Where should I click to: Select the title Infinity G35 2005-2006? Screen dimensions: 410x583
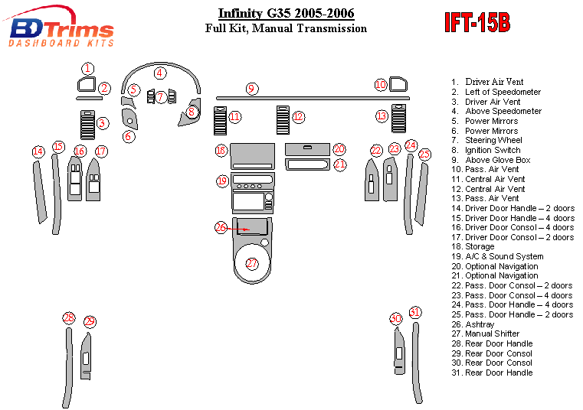coord(286,14)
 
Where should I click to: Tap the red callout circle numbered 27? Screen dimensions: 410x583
coord(252,264)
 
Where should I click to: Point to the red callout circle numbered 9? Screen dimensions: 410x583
coord(251,89)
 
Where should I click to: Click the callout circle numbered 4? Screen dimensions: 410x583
coord(159,73)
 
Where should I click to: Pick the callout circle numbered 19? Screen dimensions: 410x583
coord(222,181)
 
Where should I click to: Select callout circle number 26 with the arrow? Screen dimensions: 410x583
coord(221,227)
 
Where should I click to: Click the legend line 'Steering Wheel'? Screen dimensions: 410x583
coord(493,141)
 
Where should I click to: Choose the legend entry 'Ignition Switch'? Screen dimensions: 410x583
coord(492,150)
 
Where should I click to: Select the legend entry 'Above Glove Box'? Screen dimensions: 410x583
coord(497,160)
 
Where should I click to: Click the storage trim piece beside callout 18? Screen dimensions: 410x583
coord(251,155)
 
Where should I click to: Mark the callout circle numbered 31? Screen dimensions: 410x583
coord(415,312)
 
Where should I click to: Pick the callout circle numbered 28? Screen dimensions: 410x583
coord(69,317)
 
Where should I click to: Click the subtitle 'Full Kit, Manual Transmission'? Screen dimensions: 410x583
coord(286,29)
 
